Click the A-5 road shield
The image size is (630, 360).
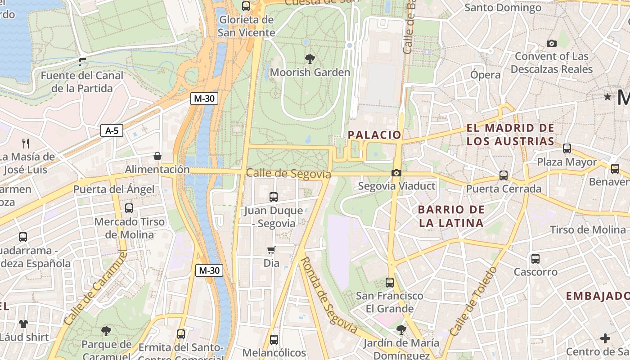point(112,131)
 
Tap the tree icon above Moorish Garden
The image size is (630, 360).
point(310,58)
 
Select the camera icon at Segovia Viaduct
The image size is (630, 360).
point(396,173)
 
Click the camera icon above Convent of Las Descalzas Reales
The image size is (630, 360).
point(551,43)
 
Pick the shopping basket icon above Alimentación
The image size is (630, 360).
point(157,156)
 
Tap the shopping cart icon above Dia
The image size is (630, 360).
point(271,250)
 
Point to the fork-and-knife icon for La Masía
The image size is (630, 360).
point(26,144)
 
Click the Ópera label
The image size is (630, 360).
point(486,75)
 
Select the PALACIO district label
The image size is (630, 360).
point(374,135)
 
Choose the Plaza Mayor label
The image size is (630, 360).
point(567,162)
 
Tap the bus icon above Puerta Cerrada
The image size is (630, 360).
point(503,175)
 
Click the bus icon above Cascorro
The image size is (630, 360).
point(535,259)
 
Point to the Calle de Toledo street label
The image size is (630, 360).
point(473,301)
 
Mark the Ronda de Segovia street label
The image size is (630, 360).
point(328,295)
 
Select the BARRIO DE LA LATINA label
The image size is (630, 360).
point(451,216)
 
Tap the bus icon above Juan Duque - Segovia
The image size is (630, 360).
point(273,197)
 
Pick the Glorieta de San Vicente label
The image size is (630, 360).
point(246,26)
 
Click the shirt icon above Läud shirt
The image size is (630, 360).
point(23,324)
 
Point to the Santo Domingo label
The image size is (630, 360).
point(503,8)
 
